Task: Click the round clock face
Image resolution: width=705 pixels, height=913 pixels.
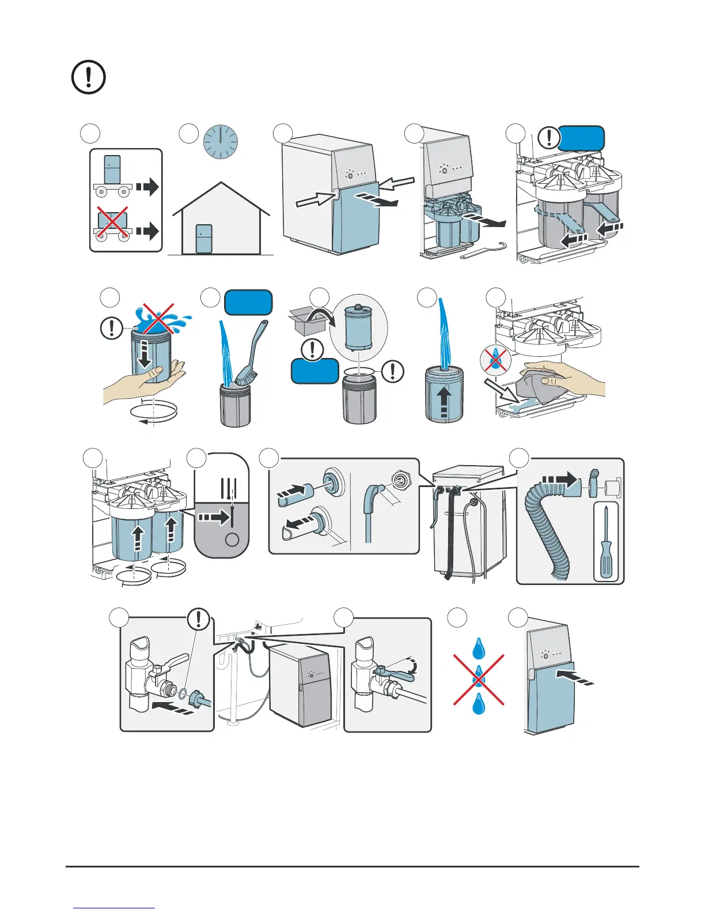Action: point(221,142)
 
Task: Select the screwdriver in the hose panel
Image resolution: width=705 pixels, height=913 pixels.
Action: point(605,542)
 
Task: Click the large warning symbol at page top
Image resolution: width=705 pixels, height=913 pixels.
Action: point(88,77)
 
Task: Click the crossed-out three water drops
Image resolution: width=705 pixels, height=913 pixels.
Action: point(479,679)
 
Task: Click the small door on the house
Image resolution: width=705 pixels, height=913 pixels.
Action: point(203,239)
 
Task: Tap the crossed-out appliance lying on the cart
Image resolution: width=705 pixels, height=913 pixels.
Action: point(112,222)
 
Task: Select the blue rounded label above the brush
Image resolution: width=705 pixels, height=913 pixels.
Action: point(248,303)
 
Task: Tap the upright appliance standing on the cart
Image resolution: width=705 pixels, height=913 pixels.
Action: point(112,169)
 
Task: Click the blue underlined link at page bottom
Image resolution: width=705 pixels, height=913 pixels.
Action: point(114,908)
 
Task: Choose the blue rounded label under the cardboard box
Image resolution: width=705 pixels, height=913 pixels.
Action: point(314,371)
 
